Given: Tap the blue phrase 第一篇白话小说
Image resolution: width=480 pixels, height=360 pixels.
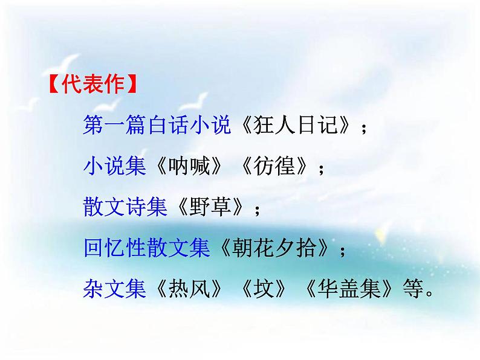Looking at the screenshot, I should click(x=157, y=126).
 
